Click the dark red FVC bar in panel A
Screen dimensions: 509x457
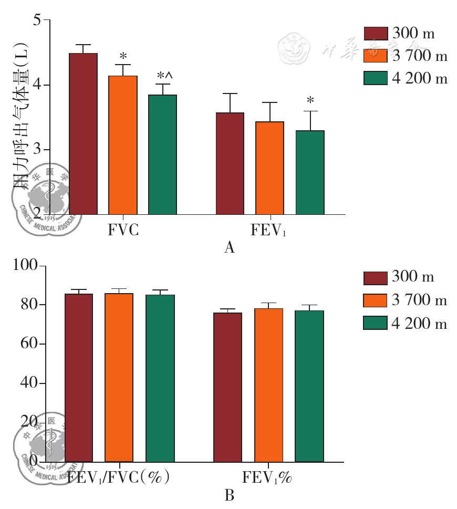click(83, 134)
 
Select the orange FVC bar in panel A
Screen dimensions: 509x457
click(123, 145)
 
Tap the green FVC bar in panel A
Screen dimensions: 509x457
click(162, 154)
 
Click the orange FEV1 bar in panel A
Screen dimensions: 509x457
click(270, 168)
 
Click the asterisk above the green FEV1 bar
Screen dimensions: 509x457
click(310, 101)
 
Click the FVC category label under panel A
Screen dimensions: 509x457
click(123, 230)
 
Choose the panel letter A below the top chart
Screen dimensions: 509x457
click(228, 247)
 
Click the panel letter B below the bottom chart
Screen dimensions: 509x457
click(228, 495)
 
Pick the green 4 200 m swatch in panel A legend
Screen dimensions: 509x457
click(376, 78)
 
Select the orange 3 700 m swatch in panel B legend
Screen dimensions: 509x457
click(376, 300)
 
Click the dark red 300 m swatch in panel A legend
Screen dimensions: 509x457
click(376, 33)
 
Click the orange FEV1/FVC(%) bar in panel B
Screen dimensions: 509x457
click(119, 378)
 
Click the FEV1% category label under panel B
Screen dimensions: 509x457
click(267, 478)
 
